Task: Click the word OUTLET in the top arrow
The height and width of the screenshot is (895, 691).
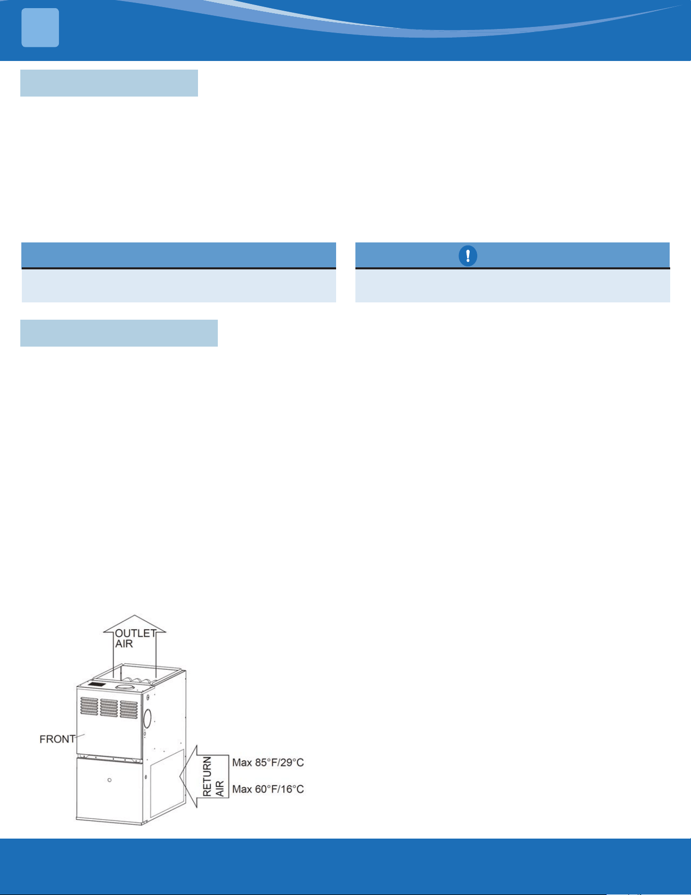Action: [x=136, y=633]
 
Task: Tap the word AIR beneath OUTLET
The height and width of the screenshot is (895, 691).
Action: [x=124, y=644]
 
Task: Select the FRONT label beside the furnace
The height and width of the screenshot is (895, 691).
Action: [x=57, y=739]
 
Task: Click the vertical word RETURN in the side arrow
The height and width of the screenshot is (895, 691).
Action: [x=207, y=775]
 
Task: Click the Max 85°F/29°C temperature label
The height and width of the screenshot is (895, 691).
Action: [x=268, y=762]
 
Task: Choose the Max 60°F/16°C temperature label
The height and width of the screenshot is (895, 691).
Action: [x=268, y=789]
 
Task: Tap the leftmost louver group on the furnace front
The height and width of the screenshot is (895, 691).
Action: [x=89, y=706]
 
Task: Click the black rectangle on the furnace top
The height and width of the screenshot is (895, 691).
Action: [x=96, y=685]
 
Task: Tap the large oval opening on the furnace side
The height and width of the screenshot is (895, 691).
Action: [x=147, y=718]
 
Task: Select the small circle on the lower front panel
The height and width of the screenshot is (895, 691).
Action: [x=110, y=780]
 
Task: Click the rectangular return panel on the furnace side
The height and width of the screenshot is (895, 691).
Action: [x=167, y=783]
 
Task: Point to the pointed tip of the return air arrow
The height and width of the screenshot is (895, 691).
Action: [x=180, y=777]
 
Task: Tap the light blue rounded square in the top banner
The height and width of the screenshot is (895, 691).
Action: [x=40, y=27]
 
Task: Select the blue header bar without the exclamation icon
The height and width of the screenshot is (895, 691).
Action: [x=179, y=255]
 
